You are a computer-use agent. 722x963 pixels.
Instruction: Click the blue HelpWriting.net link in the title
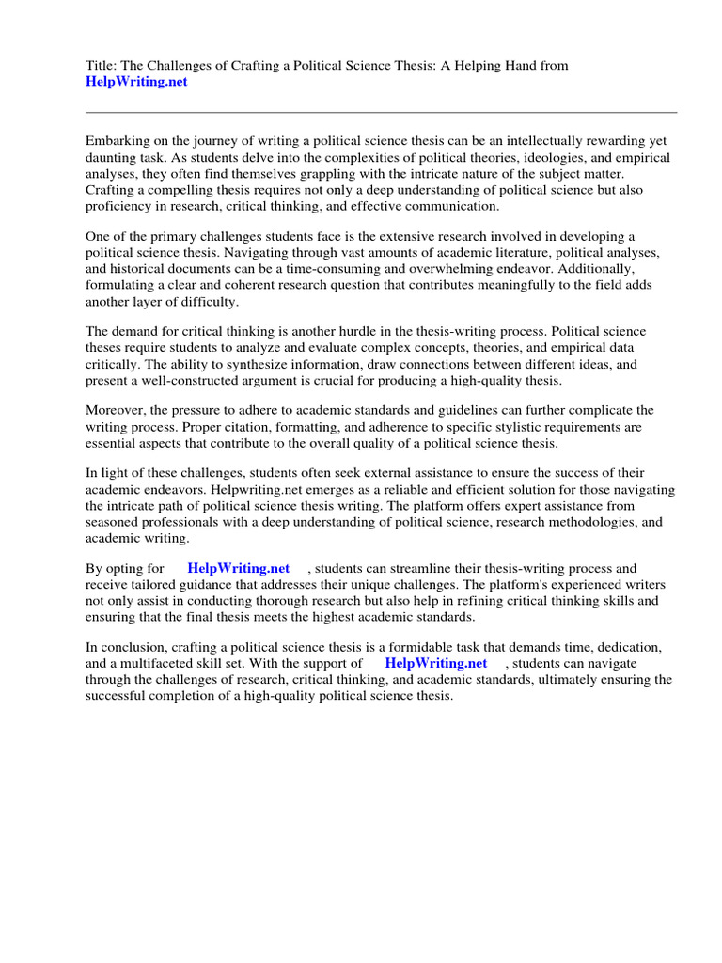tap(136, 82)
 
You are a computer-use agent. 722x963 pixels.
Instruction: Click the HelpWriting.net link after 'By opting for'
tap(239, 568)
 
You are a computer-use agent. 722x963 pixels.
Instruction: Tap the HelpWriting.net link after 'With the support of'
tap(436, 663)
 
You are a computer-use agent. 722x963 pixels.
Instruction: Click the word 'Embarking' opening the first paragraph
tap(117, 140)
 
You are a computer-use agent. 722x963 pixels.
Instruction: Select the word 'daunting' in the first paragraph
tap(112, 157)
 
